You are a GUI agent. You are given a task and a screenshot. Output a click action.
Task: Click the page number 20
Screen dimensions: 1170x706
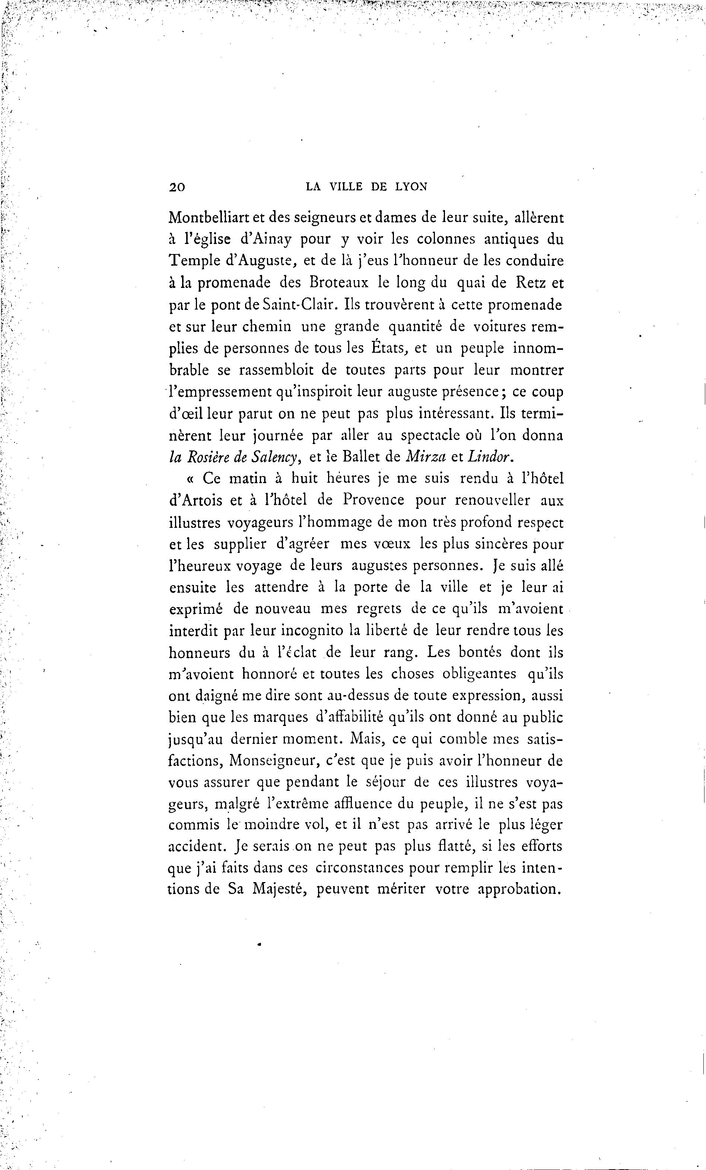click(177, 187)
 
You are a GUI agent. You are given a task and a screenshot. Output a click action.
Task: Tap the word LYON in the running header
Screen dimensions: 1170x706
click(411, 187)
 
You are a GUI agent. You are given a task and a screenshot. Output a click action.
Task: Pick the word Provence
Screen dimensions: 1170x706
click(373, 501)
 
